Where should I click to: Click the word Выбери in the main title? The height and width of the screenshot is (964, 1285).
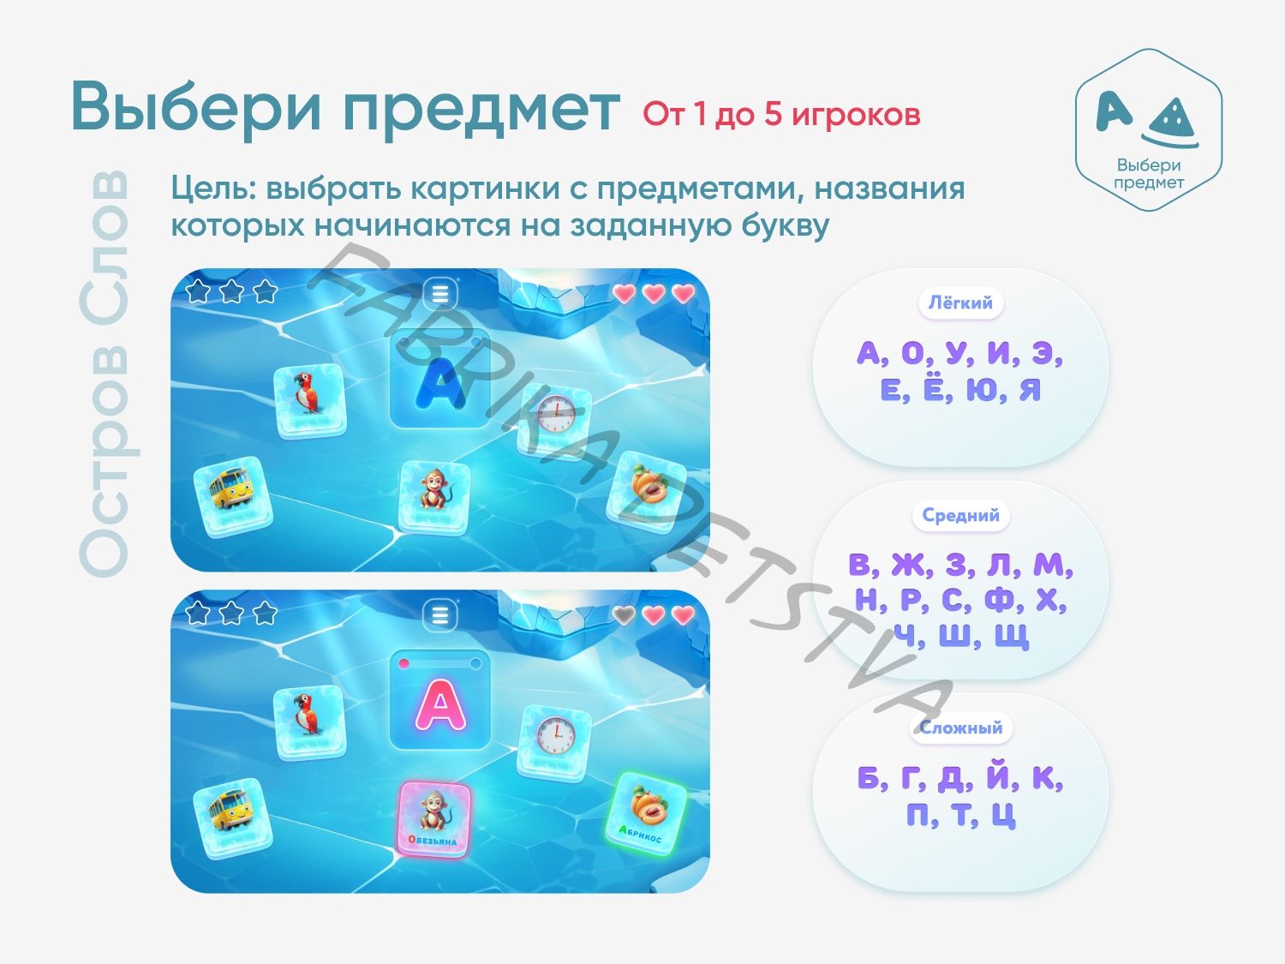click(196, 106)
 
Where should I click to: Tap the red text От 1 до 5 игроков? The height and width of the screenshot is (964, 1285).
click(781, 114)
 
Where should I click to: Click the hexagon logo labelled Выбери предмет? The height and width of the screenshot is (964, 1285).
click(1149, 129)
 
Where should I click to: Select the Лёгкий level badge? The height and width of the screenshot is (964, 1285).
click(960, 303)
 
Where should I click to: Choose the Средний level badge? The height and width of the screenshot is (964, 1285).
click(960, 516)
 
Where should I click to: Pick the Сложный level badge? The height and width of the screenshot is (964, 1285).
click(960, 728)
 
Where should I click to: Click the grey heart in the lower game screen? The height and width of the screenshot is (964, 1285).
click(624, 614)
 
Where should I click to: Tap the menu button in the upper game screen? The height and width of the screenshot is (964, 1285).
click(440, 294)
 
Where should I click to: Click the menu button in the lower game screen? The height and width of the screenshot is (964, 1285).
click(440, 615)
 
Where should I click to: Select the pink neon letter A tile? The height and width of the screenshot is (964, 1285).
click(440, 700)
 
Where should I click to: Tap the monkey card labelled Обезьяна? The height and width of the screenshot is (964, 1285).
click(434, 819)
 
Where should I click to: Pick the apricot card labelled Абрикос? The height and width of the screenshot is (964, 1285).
click(646, 813)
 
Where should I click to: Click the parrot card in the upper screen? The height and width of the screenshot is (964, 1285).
click(310, 400)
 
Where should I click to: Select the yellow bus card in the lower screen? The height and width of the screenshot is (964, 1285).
click(233, 818)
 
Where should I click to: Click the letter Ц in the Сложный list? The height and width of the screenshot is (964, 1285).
click(1003, 815)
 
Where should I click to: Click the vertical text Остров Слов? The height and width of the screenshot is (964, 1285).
click(105, 374)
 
